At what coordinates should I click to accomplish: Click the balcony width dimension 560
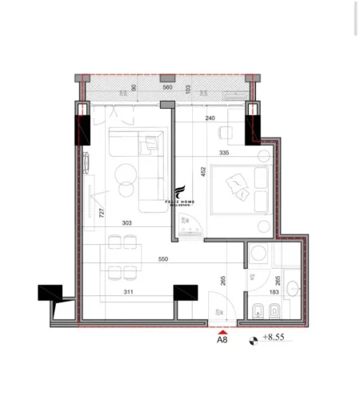coord(167,87)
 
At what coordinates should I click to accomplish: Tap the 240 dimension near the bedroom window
coord(210,118)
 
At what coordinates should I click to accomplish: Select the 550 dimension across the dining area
coord(163,260)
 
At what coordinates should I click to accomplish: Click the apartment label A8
coord(222,338)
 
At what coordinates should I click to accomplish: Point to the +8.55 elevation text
coord(273,338)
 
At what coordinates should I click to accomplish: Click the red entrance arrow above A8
coord(222,327)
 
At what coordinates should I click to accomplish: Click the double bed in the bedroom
coord(242,189)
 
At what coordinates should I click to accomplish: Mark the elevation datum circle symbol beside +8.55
coord(254,338)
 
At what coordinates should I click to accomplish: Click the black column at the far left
coord(50,294)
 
